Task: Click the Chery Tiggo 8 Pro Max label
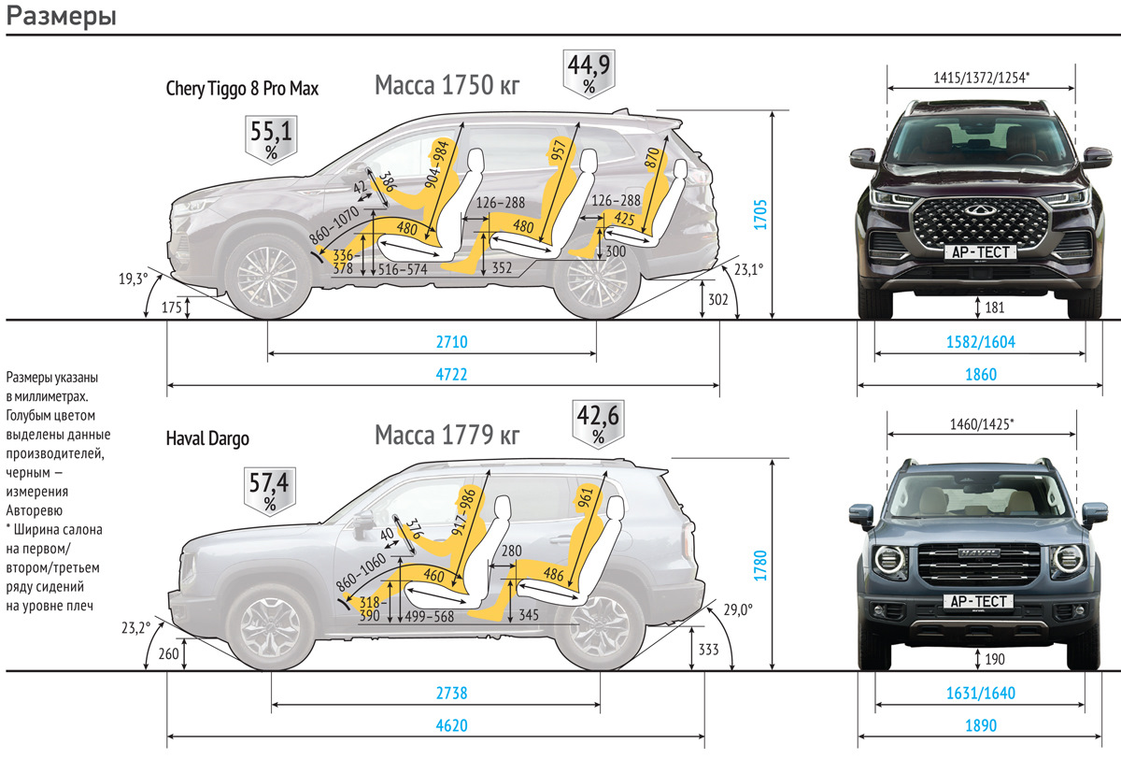pos(242,89)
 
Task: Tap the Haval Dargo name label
pos(207,438)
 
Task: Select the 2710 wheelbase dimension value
pos(451,343)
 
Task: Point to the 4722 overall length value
pos(451,374)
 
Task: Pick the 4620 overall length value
pos(451,724)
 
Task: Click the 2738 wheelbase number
pos(451,694)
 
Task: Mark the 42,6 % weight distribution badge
pos(599,422)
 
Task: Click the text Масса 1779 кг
pos(447,435)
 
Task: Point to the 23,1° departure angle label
pos(747,268)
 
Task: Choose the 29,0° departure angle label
pos(737,609)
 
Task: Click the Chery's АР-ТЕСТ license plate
pos(980,251)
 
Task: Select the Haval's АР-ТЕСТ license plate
pos(980,601)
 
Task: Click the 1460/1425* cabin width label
pos(981,424)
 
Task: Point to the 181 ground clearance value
pos(993,306)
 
